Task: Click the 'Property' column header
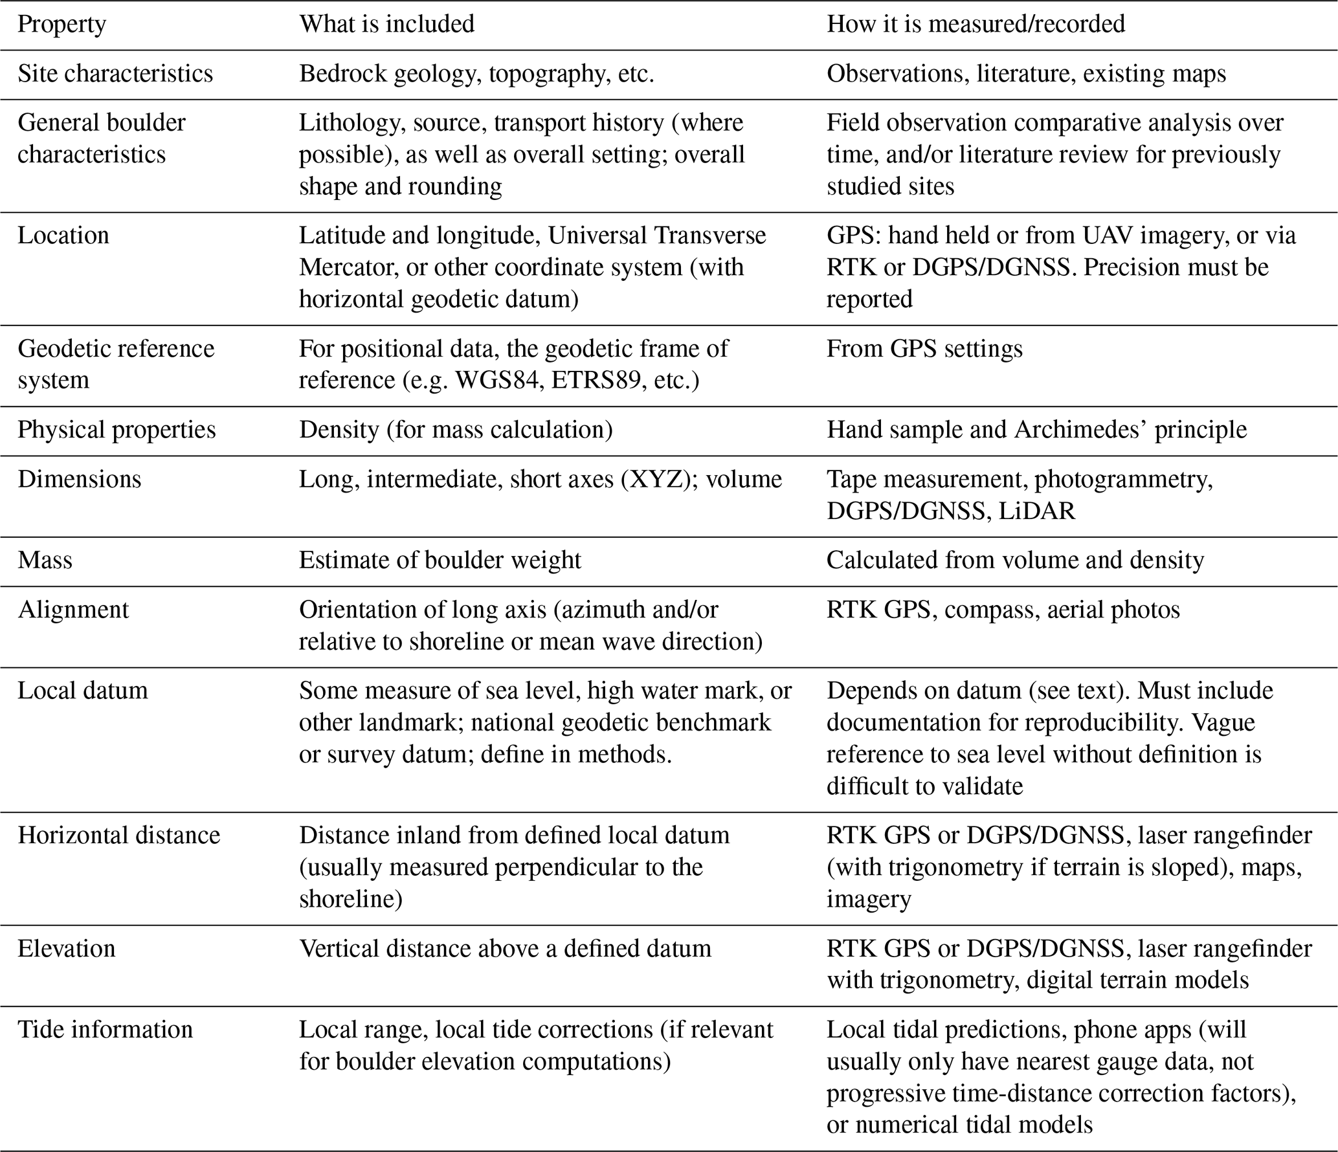[x=61, y=25]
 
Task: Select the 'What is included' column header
[x=386, y=25]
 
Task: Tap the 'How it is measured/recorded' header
[x=976, y=25]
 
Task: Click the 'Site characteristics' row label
[x=115, y=74]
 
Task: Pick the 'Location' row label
[x=63, y=236]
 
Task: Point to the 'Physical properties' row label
[x=117, y=430]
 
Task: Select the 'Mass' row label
[x=45, y=560]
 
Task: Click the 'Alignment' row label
[x=73, y=610]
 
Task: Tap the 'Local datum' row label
[x=83, y=691]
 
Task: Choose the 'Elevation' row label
[x=67, y=949]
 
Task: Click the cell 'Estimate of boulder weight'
[x=440, y=560]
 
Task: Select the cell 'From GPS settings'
[x=924, y=349]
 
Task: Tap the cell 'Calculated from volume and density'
[x=1015, y=560]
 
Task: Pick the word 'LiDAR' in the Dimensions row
[x=1036, y=511]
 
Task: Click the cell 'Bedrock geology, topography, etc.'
[x=476, y=74]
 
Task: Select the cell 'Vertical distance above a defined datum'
[x=505, y=949]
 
